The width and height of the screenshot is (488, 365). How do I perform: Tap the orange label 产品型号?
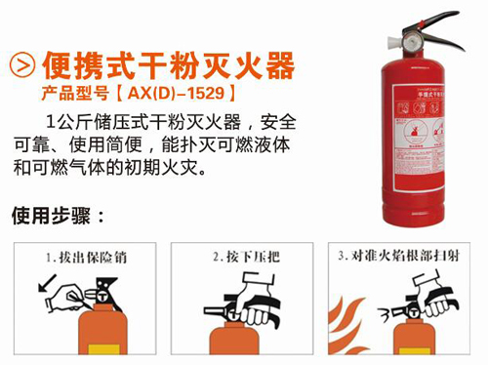[x=77, y=96]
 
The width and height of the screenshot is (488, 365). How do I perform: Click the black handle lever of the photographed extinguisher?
[x=439, y=25]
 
